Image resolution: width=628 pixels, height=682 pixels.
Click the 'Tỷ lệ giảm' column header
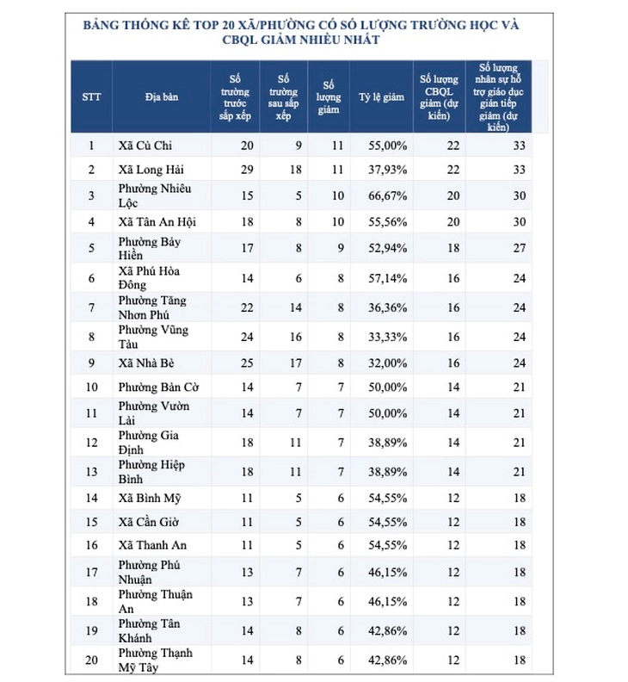point(381,97)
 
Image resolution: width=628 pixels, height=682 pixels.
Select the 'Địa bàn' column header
point(162,96)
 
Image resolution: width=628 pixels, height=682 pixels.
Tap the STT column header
point(91,96)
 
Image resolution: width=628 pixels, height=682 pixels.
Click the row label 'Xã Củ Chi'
point(145,146)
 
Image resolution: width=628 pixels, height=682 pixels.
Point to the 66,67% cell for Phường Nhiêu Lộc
point(388,195)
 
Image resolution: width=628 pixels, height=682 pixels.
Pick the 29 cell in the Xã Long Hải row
point(247,169)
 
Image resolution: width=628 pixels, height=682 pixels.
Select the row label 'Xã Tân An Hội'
point(157,222)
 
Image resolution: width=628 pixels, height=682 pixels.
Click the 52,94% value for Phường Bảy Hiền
point(388,248)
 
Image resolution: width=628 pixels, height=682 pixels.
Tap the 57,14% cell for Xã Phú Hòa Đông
point(388,278)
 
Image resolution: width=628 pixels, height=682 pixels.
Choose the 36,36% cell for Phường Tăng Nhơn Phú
point(388,307)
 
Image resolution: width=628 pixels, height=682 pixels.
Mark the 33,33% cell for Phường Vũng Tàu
point(388,337)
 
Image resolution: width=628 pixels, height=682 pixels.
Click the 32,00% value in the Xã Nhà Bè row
point(388,363)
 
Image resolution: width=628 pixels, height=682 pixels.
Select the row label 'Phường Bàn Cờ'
point(158,387)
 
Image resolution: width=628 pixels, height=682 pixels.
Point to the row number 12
point(91,443)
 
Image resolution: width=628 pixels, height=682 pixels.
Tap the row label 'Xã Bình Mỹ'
point(150,498)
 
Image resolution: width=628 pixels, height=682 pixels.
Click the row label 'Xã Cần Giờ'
point(148,522)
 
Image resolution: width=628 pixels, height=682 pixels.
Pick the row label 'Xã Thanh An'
point(152,545)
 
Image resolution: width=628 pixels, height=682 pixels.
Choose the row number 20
point(91,660)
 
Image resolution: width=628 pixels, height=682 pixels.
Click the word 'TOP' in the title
point(206,25)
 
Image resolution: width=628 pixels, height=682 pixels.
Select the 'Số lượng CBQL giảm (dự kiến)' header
point(439,97)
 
